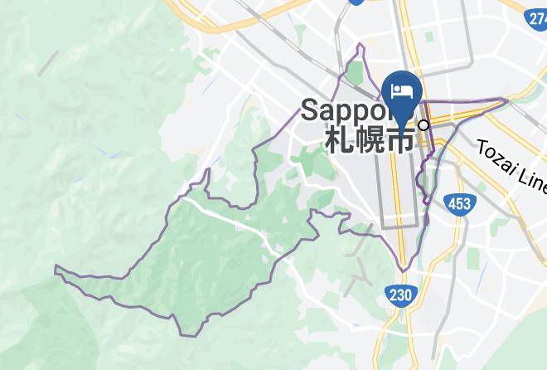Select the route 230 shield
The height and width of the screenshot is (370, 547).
pyautogui.click(x=399, y=295)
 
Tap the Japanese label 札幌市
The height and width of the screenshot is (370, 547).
pyautogui.click(x=370, y=139)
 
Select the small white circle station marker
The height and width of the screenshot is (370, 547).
pyautogui.click(x=424, y=125)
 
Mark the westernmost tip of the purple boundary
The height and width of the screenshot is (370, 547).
pyautogui.click(x=56, y=267)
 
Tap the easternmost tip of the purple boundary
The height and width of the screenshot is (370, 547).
pyautogui.click(x=507, y=101)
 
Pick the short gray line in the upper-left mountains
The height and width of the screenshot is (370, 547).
pyautogui.click(x=47, y=62)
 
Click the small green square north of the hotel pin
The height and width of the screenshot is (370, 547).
pyautogui.click(x=430, y=37)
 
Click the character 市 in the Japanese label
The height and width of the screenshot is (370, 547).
pyautogui.click(x=400, y=139)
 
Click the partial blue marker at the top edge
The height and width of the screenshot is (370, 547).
pyautogui.click(x=356, y=2)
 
